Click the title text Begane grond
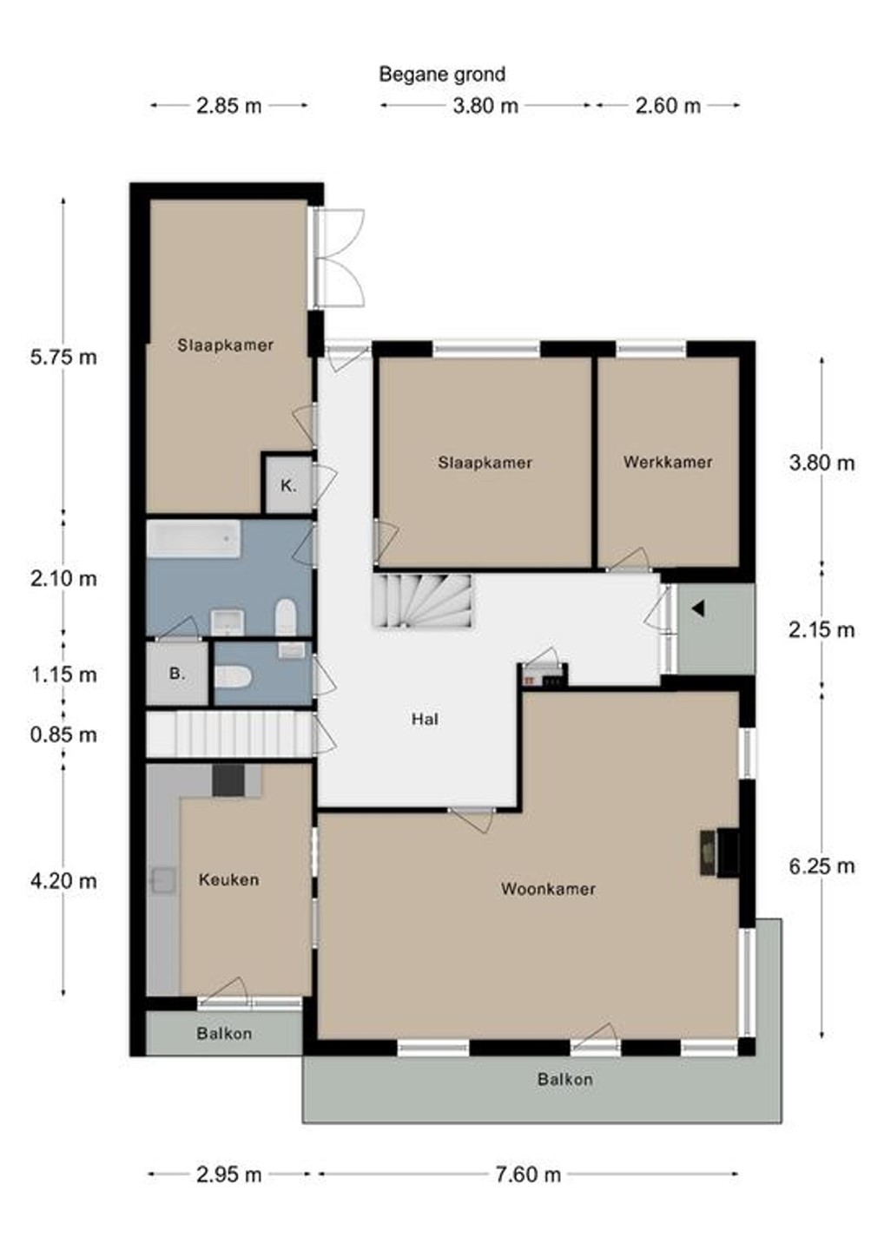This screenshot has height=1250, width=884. coord(442,75)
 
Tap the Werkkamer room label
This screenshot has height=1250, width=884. coord(668,462)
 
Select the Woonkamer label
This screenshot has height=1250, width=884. coord(548,888)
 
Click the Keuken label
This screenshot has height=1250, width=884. coord(228,879)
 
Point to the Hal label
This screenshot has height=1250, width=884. coord(425,719)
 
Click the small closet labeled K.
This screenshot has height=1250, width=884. coord(288,485)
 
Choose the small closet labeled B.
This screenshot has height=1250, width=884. coord(177,674)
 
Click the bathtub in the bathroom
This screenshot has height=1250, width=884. coord(194,538)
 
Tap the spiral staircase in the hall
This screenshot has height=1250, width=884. coord(424,602)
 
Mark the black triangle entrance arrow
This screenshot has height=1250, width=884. coord(698,609)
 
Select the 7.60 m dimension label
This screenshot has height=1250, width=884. coord(528,1174)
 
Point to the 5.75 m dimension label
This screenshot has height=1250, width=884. coord(63,357)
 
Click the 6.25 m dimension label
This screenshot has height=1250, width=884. coord(821,865)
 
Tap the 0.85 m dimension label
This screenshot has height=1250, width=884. coord(63,734)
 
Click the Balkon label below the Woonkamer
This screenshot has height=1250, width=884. coord(564,1079)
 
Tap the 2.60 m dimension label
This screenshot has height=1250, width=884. coord(668,106)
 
